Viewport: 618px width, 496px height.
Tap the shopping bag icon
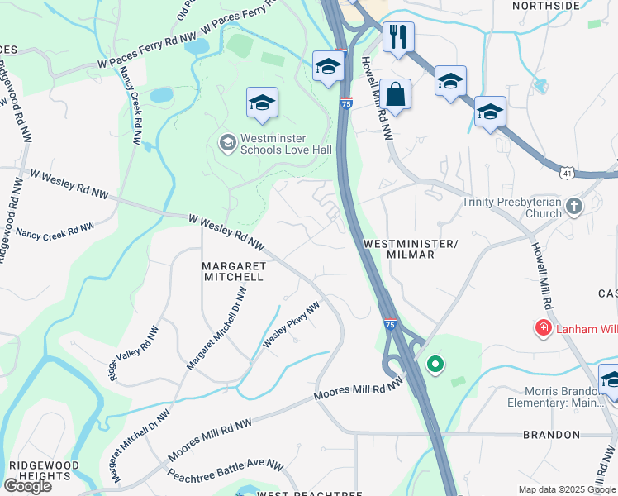(x=396, y=94)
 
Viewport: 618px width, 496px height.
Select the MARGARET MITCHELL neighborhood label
(x=233, y=271)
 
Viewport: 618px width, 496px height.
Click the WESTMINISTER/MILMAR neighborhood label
(x=410, y=249)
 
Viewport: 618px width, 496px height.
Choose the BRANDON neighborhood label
(x=551, y=434)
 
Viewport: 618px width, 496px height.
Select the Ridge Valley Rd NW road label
(x=134, y=353)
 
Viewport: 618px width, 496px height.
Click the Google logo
(x=27, y=485)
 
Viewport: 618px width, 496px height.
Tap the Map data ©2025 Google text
(x=567, y=489)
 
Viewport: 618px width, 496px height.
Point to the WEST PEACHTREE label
(x=310, y=494)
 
